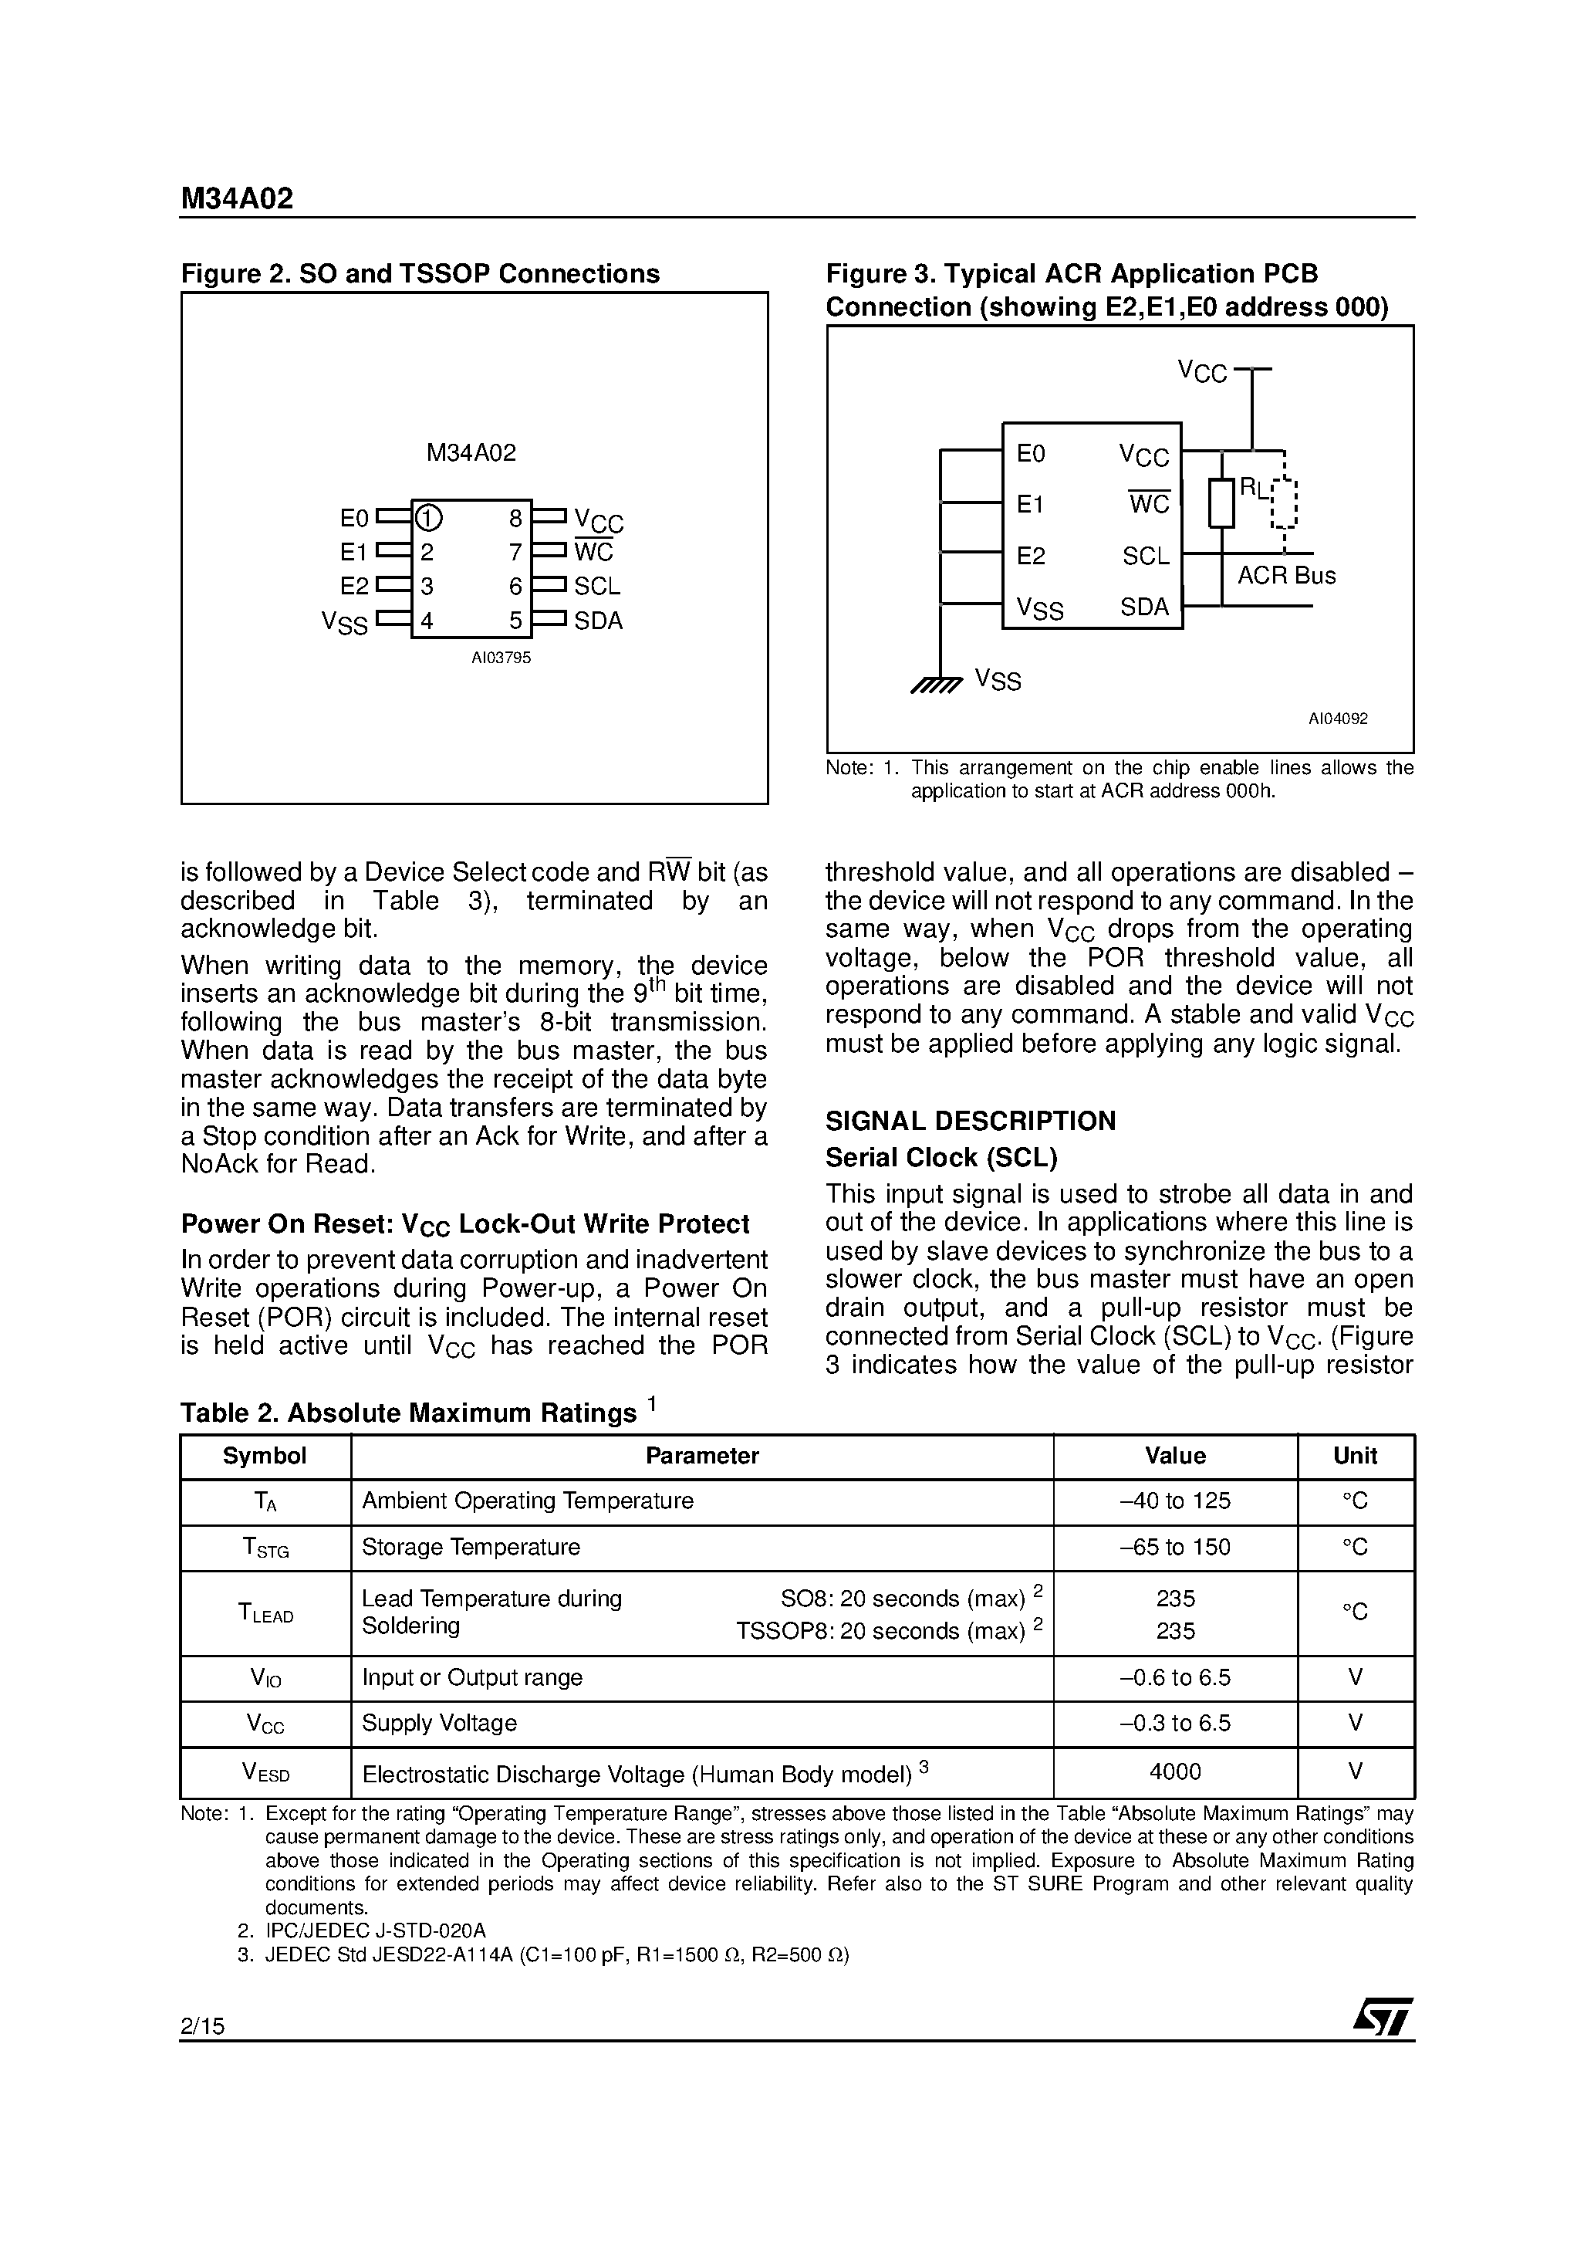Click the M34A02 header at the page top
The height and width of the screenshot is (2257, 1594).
pos(237,200)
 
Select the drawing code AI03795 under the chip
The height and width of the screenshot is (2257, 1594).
pos(502,658)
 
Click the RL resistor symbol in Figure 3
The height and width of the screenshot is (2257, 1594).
pos(1221,502)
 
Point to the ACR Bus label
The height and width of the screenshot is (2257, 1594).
pos(1286,576)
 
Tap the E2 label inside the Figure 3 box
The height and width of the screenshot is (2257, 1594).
pos(1031,557)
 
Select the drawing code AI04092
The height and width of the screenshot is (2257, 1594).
pos(1338,719)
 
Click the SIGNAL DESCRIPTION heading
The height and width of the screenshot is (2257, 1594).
pos(970,1121)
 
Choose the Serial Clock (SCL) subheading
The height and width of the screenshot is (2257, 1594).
pos(941,1157)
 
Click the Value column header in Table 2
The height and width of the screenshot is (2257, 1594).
pos(1175,1456)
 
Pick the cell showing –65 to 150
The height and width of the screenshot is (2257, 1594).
pos(1175,1548)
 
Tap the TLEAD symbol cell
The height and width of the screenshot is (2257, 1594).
pos(265,1612)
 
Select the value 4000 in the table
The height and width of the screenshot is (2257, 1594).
pos(1175,1771)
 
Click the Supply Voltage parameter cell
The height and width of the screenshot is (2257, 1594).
pos(439,1723)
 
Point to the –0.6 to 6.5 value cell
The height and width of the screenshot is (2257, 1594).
pos(1175,1678)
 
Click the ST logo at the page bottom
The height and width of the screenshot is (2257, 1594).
pos(1383,2016)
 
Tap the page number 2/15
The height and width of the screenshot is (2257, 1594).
pos(202,2026)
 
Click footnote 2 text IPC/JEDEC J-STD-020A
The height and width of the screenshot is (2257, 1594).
pos(376,1930)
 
